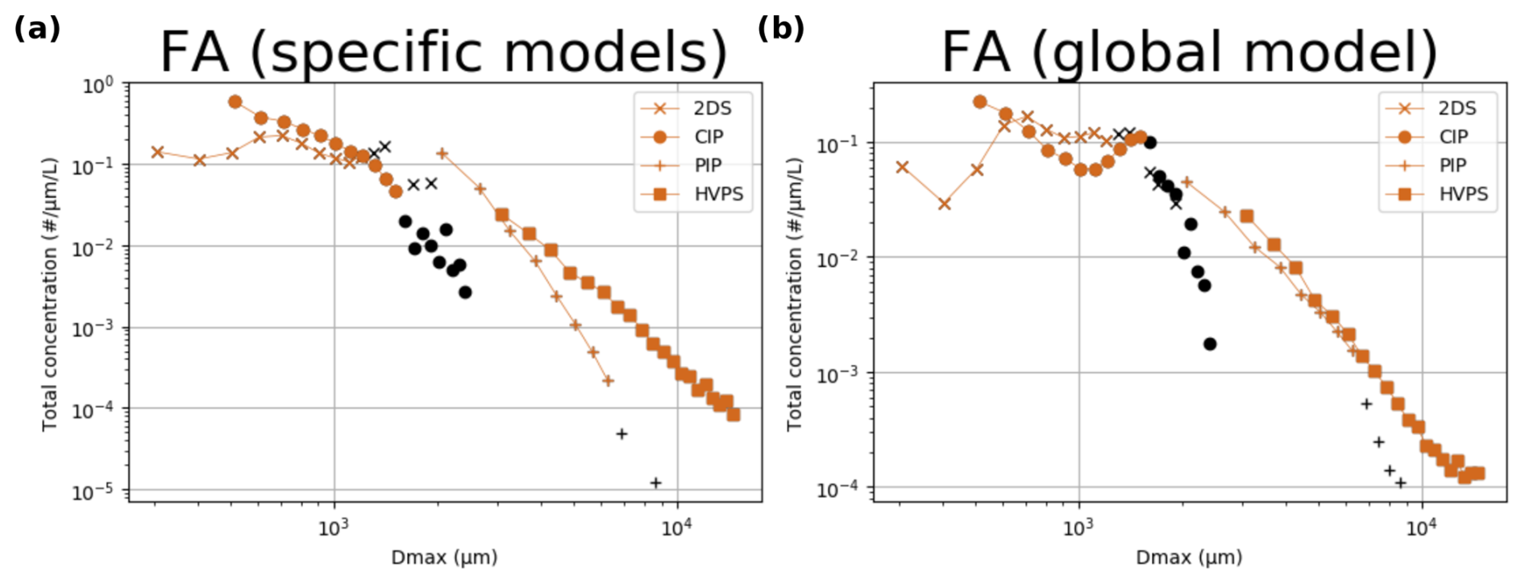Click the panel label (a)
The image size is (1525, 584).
coord(37,28)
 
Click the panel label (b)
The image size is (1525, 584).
coord(780,28)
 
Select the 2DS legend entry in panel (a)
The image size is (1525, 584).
coord(693,109)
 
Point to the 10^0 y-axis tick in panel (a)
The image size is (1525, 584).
coord(98,85)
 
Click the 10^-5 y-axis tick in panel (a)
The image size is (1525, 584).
coord(98,491)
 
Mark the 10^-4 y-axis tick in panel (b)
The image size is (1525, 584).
coord(843,489)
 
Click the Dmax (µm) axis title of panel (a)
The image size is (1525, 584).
coord(444,557)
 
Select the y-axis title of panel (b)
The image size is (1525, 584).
coord(795,294)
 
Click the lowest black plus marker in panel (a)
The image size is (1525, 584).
coord(656,483)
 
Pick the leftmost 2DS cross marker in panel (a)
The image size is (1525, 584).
coord(158,152)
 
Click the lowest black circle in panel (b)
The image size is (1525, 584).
coord(1210,344)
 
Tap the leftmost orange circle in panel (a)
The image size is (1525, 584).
coord(235,102)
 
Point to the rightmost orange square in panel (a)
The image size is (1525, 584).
coord(733,414)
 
